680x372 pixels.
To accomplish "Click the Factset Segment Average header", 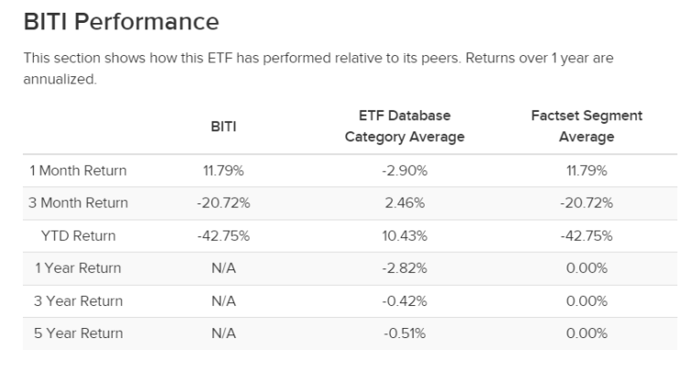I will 587,126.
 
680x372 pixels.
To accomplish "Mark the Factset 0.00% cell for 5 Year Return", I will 587,334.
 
